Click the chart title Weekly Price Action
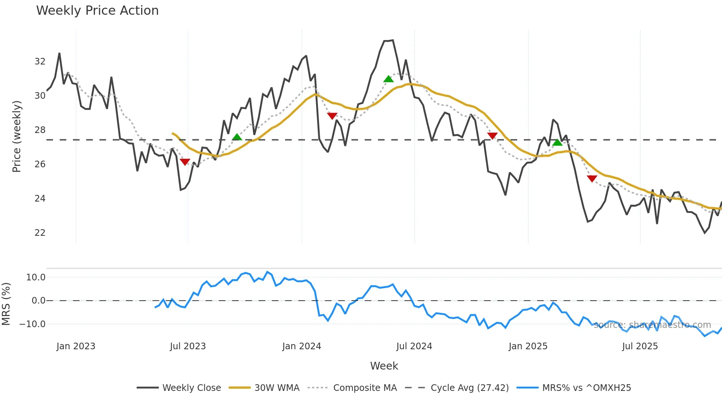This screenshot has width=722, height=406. coord(97,11)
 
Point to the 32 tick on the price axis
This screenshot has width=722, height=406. coord(40,62)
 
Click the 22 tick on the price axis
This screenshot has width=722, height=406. coord(40,233)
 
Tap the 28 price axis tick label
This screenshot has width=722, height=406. coord(40,130)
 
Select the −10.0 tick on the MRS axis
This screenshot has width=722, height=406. coord(32,324)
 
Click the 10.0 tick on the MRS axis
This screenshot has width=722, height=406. coord(36,277)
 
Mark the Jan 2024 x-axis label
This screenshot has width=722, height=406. coord(302,346)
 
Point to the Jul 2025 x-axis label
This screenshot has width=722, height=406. coord(640,346)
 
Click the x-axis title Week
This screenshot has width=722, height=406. coord(384,366)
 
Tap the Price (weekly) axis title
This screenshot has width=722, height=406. coord(17,136)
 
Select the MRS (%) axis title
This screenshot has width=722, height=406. coord(6,304)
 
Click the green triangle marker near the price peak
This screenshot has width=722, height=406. coord(388,79)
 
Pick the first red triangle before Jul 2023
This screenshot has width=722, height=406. coord(185,162)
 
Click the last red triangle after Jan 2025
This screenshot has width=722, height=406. coord(592,179)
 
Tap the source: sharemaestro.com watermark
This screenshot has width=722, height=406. coord(652,325)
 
